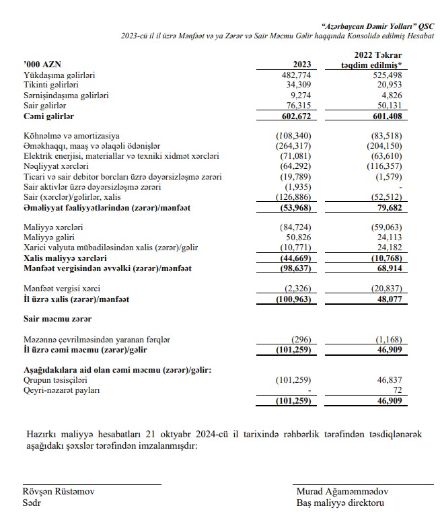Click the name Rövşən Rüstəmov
tap(59, 491)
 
